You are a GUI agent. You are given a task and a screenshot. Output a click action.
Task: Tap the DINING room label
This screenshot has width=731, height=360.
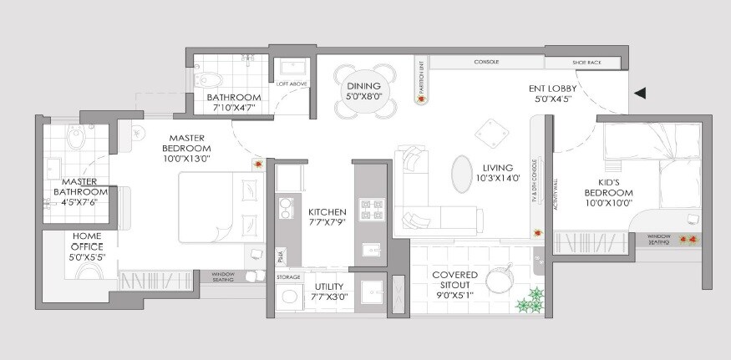(363, 86)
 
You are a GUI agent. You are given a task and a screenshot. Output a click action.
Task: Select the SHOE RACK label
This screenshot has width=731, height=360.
(582, 63)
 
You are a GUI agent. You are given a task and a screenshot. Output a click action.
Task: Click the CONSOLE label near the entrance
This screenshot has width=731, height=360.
(486, 63)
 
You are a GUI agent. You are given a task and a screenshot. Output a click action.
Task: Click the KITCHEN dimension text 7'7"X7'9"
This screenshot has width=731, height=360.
(321, 224)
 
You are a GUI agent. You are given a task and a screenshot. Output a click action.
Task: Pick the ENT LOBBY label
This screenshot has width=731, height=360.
(554, 88)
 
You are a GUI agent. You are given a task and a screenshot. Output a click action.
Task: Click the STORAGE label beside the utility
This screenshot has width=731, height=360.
(289, 276)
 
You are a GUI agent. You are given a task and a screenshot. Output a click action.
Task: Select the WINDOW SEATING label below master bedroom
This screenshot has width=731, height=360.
(222, 277)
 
